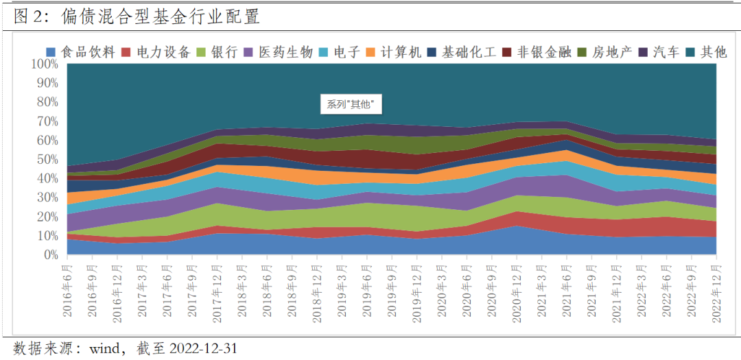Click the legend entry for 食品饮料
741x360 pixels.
coord(81,52)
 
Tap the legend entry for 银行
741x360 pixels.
coord(216,52)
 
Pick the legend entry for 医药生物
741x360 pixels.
coord(278,52)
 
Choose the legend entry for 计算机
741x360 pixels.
coord(393,52)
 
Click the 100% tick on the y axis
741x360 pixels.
coord(45,64)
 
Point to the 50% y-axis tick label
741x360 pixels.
coord(47,159)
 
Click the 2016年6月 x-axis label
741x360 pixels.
coord(67,290)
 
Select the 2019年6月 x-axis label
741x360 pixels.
coord(366,290)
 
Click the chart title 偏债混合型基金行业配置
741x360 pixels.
coord(161,17)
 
